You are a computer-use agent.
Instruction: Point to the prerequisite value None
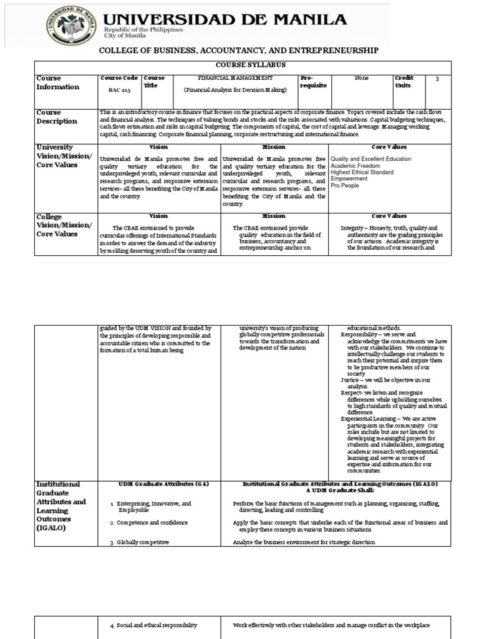click(360, 78)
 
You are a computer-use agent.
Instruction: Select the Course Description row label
click(57, 117)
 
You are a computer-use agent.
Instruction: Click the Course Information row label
click(57, 82)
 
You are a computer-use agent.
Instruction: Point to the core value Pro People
click(345, 185)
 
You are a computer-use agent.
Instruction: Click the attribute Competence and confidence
click(152, 522)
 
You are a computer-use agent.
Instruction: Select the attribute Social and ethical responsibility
click(157, 625)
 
